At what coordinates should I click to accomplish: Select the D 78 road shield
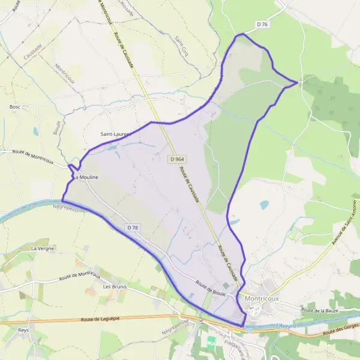point(133,227)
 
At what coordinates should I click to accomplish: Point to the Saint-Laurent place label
point(115,134)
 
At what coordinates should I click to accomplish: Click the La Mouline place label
point(86,178)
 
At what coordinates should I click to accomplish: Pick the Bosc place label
point(15,107)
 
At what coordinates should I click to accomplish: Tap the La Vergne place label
point(43,248)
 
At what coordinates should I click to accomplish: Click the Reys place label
point(23,331)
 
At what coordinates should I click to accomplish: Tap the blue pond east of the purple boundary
point(264,205)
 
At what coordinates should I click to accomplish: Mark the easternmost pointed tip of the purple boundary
point(298,82)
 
